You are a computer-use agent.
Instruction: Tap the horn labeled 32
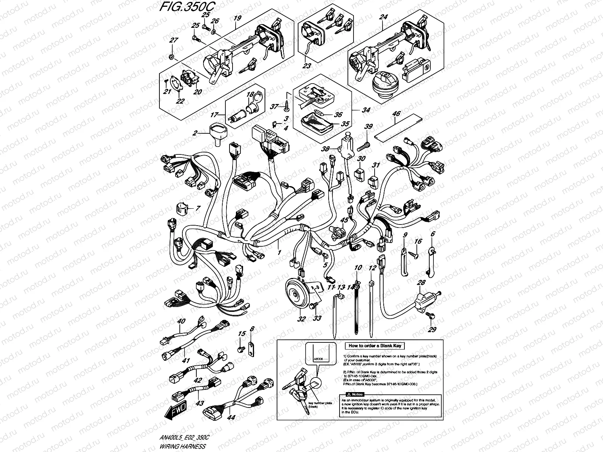(297, 296)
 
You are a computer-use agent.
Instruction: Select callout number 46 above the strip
(396, 113)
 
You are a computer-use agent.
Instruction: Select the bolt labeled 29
(430, 315)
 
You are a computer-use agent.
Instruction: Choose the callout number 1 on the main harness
(279, 252)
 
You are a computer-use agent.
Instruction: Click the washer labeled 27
(171, 57)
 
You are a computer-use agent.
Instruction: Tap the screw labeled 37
(288, 107)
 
